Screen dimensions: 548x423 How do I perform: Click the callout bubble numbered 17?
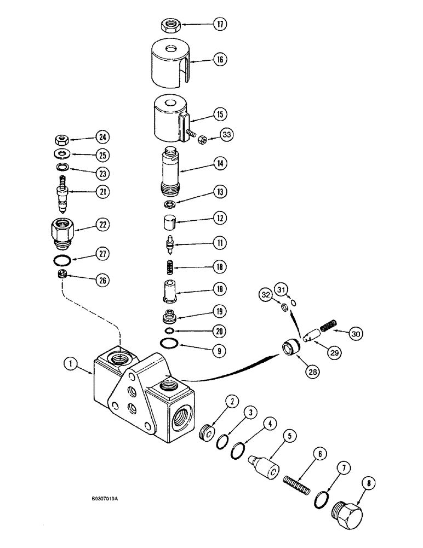[219, 25]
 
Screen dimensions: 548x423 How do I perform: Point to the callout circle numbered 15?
[219, 115]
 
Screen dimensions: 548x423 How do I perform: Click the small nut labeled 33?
[201, 141]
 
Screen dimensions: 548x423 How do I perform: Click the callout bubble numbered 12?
[219, 218]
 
